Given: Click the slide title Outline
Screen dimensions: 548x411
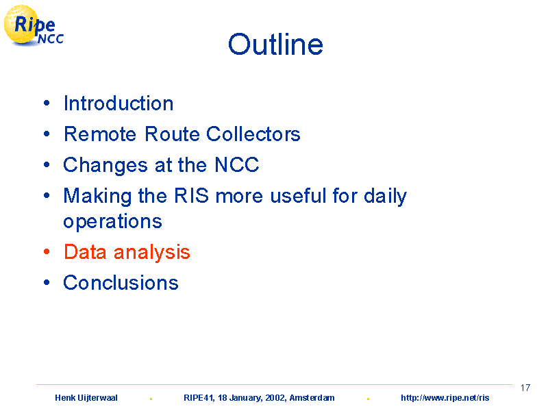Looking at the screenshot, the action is coord(275,45).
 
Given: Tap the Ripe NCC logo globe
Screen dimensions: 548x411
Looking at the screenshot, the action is coord(21,25).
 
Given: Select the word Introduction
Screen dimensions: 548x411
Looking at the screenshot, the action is coord(119,103).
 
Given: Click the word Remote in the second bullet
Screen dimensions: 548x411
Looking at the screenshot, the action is coord(100,134).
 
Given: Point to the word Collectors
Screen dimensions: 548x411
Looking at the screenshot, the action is coord(253,134).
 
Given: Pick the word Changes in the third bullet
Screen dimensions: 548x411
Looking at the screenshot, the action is coord(105,165).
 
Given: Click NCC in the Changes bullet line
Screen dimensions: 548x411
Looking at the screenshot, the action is coord(236,164).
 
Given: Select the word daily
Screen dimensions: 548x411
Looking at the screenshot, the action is coord(385,197).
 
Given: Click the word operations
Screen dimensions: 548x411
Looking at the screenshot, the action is coord(112,222).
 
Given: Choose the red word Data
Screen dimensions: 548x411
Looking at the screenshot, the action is coord(85,252).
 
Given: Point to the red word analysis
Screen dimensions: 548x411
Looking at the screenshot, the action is coord(151,253).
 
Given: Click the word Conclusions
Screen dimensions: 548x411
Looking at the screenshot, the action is coord(121,283).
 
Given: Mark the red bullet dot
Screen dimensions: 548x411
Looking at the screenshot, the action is coord(47,251).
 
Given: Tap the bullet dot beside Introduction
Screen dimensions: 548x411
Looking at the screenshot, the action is coord(47,103).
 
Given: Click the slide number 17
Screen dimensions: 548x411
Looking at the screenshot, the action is coord(525,388).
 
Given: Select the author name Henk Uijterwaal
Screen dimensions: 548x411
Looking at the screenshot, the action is coord(86,398).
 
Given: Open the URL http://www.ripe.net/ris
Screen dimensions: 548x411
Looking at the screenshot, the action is coord(445,398).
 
